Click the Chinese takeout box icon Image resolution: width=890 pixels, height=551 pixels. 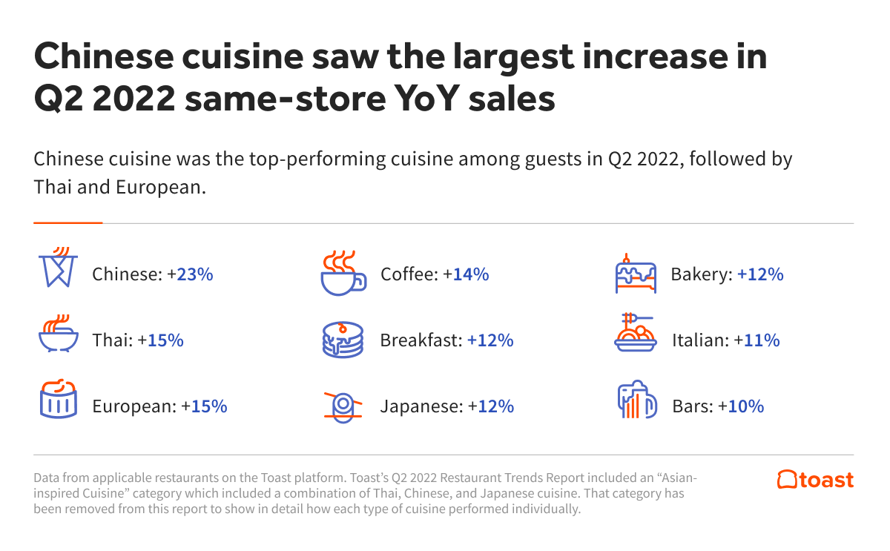tap(58, 268)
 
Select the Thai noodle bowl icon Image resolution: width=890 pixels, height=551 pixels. tap(58, 335)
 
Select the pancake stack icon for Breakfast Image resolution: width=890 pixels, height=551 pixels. tap(343, 340)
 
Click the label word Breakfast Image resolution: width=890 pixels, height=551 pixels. tap(421, 340)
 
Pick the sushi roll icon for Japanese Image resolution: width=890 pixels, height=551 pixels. tap(343, 406)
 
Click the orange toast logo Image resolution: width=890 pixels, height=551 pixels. tap(815, 480)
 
